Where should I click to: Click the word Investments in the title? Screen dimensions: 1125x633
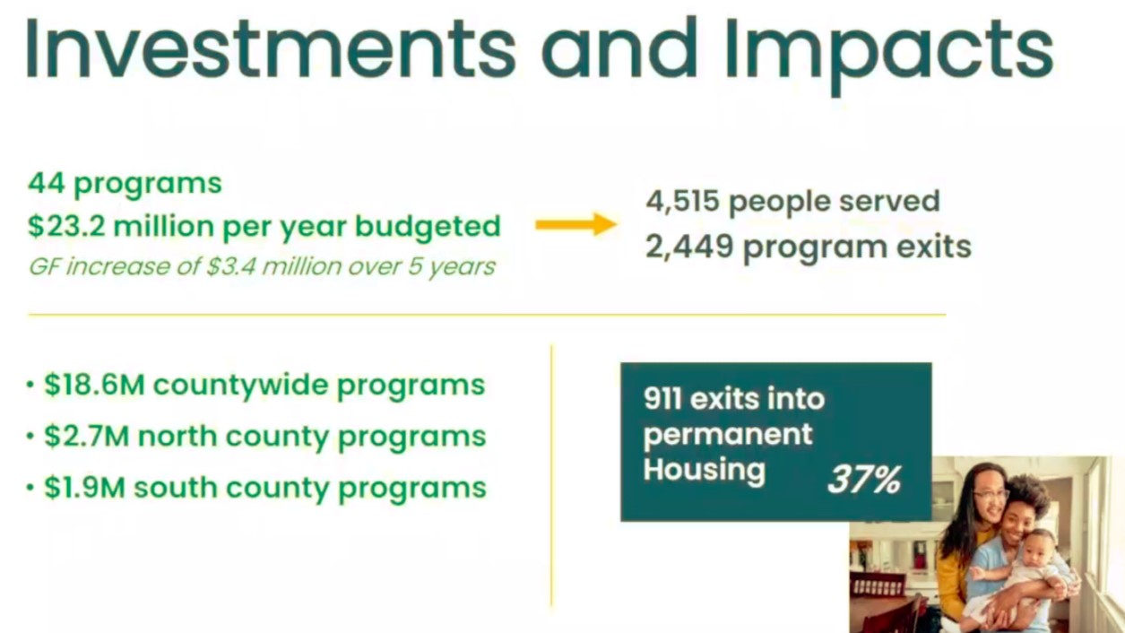pos(272,48)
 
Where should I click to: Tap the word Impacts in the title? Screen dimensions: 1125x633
pos(889,55)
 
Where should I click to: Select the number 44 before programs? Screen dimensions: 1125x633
pos(47,183)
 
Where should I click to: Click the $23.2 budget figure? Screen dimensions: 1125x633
pos(67,227)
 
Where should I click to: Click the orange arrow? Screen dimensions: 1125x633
pos(576,224)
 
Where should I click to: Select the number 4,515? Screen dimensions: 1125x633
pos(682,202)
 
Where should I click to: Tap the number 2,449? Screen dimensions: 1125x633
pos(689,247)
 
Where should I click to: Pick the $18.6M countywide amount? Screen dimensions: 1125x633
pos(94,386)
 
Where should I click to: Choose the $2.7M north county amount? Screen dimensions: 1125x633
pos(87,436)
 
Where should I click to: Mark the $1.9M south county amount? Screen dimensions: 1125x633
pos(84,488)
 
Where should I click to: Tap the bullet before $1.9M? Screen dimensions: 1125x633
pos(30,488)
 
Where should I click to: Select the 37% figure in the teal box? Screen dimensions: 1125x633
pos(864,480)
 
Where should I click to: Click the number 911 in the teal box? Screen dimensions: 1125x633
pos(663,399)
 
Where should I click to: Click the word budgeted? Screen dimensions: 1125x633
pos(428,228)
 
